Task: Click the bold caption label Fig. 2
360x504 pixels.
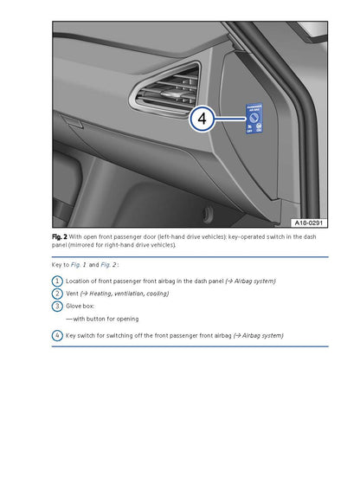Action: pos(59,236)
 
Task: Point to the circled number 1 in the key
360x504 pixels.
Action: pos(57,281)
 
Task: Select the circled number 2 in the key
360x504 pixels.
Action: pos(57,294)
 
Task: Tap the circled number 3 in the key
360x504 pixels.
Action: pos(57,306)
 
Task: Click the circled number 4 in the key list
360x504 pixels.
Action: pos(57,335)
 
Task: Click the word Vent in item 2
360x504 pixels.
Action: pos(73,294)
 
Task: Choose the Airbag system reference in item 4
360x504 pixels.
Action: pos(260,335)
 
